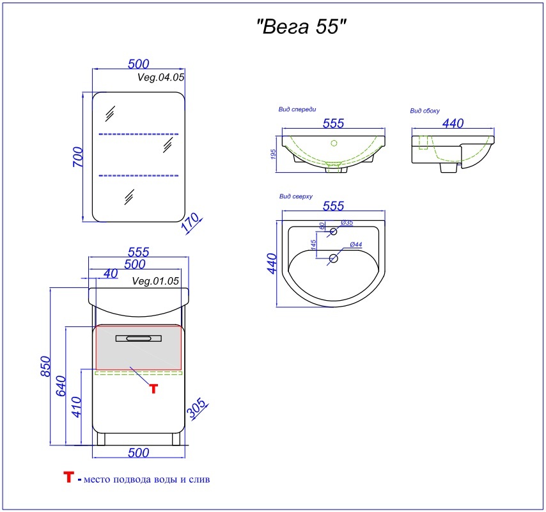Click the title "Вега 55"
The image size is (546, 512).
click(302, 26)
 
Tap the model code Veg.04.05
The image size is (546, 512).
click(160, 77)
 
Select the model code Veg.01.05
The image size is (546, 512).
click(155, 281)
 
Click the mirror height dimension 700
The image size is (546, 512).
click(78, 157)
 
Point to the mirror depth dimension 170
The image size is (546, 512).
click(191, 222)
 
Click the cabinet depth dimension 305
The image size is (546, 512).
click(197, 408)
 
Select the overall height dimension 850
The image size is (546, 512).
click(45, 366)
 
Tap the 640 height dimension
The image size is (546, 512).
click(61, 386)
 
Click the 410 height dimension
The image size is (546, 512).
click(76, 407)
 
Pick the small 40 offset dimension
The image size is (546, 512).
click(111, 274)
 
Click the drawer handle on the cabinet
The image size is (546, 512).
click(139, 338)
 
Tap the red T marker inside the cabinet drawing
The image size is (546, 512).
click(153, 388)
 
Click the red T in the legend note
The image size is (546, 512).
click(68, 477)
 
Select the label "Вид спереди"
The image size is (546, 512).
click(297, 109)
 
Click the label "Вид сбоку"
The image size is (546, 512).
click(425, 111)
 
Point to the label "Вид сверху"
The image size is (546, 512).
click(296, 196)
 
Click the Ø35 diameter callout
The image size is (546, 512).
click(347, 222)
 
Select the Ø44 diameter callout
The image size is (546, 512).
click(356, 244)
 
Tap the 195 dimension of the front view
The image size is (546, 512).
click(273, 154)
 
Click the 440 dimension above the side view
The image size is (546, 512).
click(453, 123)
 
